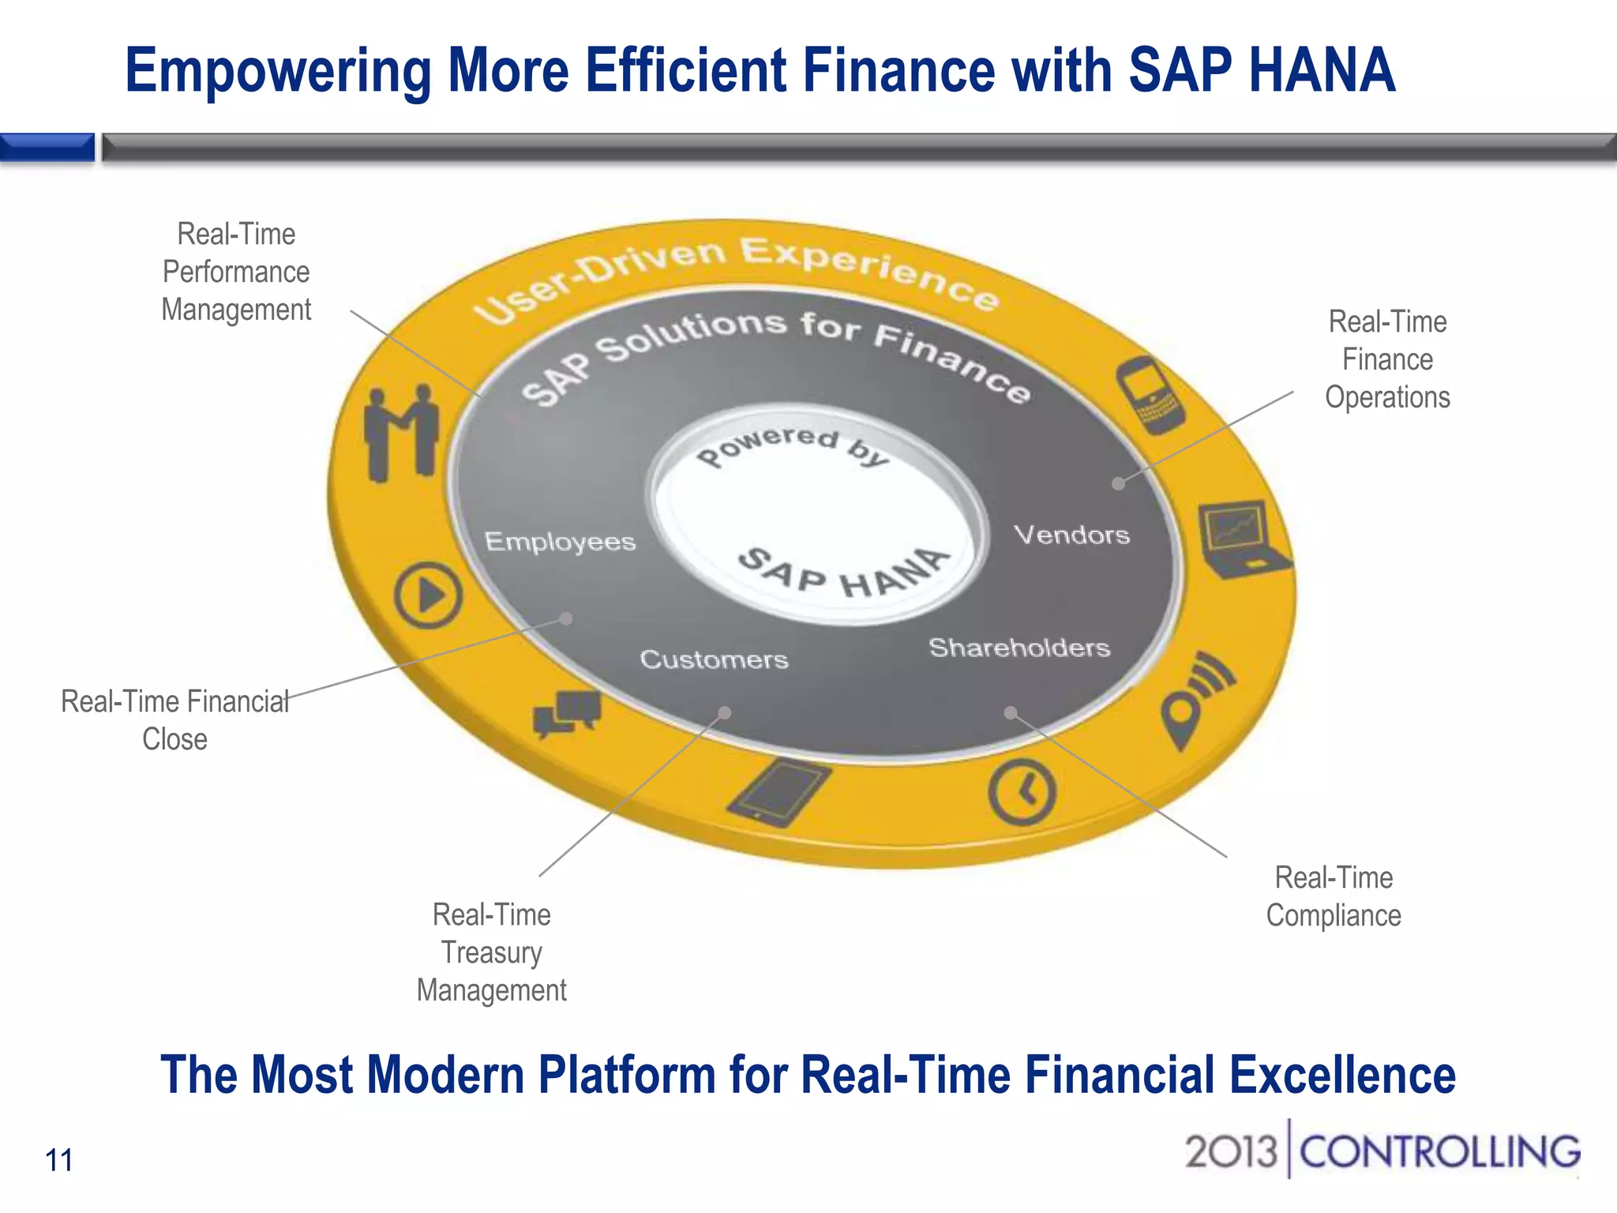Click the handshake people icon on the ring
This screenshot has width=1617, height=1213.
[401, 433]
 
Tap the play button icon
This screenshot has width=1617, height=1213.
[428, 595]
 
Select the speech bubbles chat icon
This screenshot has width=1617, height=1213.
[567, 712]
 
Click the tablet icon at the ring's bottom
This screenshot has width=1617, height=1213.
[778, 793]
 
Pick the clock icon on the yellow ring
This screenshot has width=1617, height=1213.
[1022, 792]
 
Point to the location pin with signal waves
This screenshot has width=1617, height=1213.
[1194, 699]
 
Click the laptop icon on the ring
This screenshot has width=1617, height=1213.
[1243, 538]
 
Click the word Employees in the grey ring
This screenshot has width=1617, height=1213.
[560, 542]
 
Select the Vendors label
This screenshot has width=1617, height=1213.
[1071, 535]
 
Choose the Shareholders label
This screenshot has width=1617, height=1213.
[1019, 648]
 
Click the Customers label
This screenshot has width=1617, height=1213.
[714, 659]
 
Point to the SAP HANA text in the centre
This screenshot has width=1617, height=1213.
[842, 573]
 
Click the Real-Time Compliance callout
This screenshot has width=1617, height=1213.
[1334, 896]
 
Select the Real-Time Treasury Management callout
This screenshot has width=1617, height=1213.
[491, 952]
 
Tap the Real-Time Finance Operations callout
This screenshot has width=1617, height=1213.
[1387, 359]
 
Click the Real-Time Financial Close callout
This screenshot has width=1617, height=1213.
[174, 719]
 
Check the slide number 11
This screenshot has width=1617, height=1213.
[59, 1160]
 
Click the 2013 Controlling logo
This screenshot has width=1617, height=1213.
[1382, 1151]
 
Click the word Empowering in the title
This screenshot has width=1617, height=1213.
[278, 71]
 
